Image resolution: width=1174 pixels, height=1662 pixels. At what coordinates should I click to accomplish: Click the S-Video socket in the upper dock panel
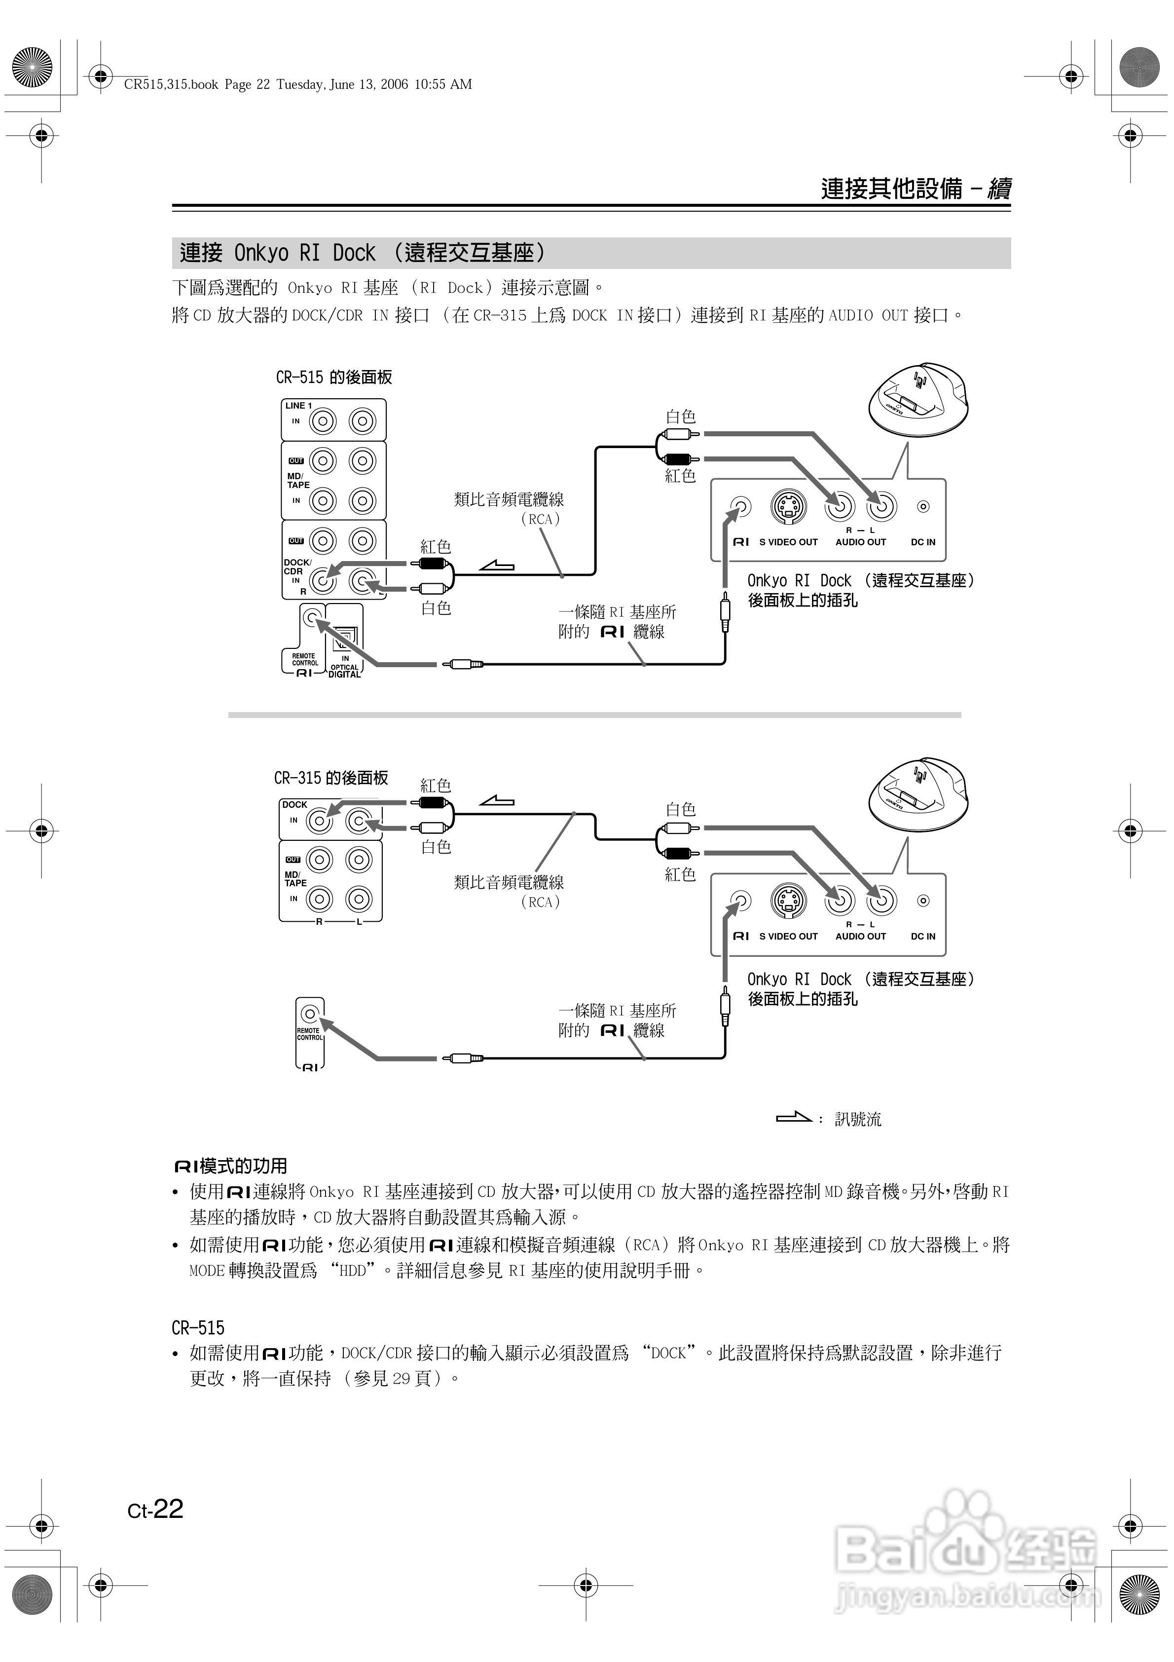(787, 507)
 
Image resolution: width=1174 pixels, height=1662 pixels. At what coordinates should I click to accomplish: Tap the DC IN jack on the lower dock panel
(923, 901)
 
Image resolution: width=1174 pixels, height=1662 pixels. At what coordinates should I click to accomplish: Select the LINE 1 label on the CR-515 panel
(298, 405)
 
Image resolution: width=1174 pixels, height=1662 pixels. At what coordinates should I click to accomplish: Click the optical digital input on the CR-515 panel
(344, 637)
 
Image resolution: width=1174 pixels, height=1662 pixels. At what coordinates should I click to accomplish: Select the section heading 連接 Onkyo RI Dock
(362, 253)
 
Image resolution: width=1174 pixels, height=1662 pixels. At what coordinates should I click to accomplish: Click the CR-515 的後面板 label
(333, 377)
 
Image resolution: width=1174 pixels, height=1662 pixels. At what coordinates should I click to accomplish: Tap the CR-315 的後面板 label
(331, 778)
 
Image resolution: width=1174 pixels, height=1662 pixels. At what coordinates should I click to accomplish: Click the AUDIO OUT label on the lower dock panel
(861, 936)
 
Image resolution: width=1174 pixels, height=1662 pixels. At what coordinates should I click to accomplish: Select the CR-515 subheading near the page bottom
(198, 1327)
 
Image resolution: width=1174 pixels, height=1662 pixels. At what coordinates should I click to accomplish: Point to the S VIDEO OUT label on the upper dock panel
(788, 542)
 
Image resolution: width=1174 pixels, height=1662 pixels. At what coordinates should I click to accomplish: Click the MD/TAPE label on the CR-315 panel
(295, 879)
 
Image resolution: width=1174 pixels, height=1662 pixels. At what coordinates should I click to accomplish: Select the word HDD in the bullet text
(353, 1270)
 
